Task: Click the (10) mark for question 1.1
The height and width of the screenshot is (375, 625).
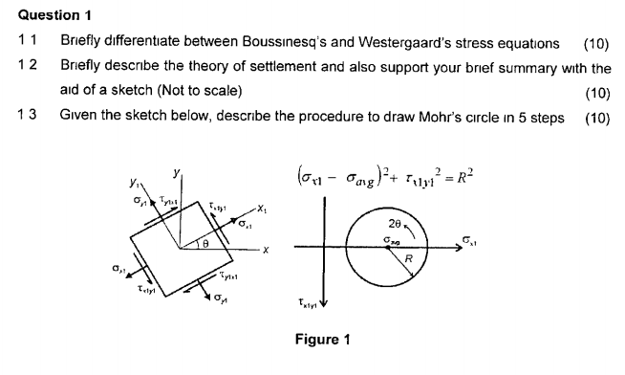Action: (x=595, y=44)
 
